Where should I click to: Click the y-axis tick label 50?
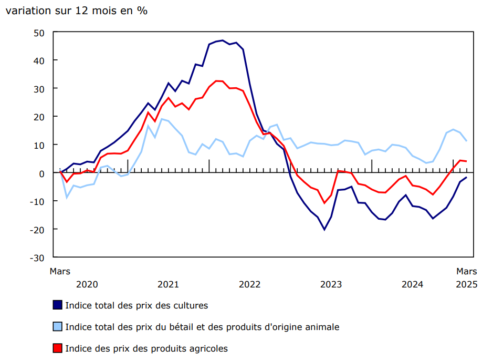[x=39, y=33]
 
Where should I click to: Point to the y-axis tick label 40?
[x=39, y=60]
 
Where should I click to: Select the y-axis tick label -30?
[x=37, y=258]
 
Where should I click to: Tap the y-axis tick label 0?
[x=42, y=173]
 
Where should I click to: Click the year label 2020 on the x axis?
[x=87, y=284]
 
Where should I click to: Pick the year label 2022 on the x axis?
[x=249, y=284]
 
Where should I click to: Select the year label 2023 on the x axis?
[x=331, y=284]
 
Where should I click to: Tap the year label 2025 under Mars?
[x=466, y=284]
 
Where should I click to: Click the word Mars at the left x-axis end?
[x=60, y=271]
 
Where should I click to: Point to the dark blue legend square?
[x=58, y=305]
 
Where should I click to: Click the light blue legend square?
[x=58, y=327]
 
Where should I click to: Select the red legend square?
[x=58, y=348]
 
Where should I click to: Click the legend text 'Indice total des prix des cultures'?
[x=137, y=305]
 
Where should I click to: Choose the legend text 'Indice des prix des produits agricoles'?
[x=146, y=348]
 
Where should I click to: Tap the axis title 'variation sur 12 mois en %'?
[x=76, y=11]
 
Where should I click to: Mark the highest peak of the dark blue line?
[x=223, y=40]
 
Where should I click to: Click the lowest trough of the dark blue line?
[x=324, y=230]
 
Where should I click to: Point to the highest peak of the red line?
[x=216, y=81]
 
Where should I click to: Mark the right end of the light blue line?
[x=466, y=141]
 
